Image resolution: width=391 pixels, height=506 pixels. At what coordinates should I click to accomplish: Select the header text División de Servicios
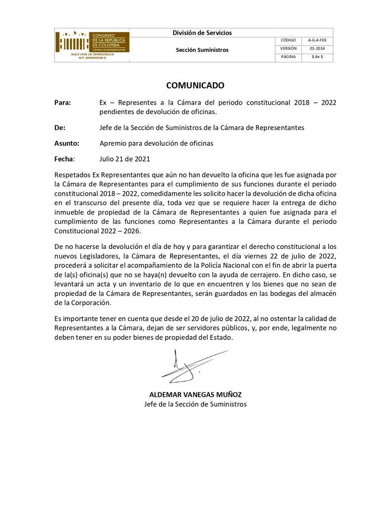click(202, 33)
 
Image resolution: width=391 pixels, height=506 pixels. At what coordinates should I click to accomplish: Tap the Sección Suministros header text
click(202, 50)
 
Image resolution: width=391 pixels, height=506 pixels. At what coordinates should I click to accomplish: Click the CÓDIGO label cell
click(288, 41)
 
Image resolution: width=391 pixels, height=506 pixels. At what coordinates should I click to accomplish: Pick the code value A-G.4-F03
click(317, 41)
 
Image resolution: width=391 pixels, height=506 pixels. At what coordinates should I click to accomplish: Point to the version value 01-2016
click(317, 48)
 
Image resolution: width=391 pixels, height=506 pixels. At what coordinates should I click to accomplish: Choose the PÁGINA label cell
click(288, 57)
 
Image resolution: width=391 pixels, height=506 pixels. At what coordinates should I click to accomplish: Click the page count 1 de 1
click(317, 57)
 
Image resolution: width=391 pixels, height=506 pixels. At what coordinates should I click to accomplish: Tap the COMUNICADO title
click(195, 85)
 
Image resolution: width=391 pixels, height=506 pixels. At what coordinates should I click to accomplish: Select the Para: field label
click(63, 103)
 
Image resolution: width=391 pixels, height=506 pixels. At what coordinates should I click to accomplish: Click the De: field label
click(60, 127)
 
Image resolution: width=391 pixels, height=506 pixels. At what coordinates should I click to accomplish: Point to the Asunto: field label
click(67, 143)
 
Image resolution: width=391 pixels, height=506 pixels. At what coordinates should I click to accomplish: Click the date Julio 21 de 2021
click(125, 159)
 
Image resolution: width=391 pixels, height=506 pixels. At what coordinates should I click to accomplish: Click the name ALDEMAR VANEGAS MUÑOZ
click(195, 395)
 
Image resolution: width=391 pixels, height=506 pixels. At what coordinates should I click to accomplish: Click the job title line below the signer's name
click(195, 404)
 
